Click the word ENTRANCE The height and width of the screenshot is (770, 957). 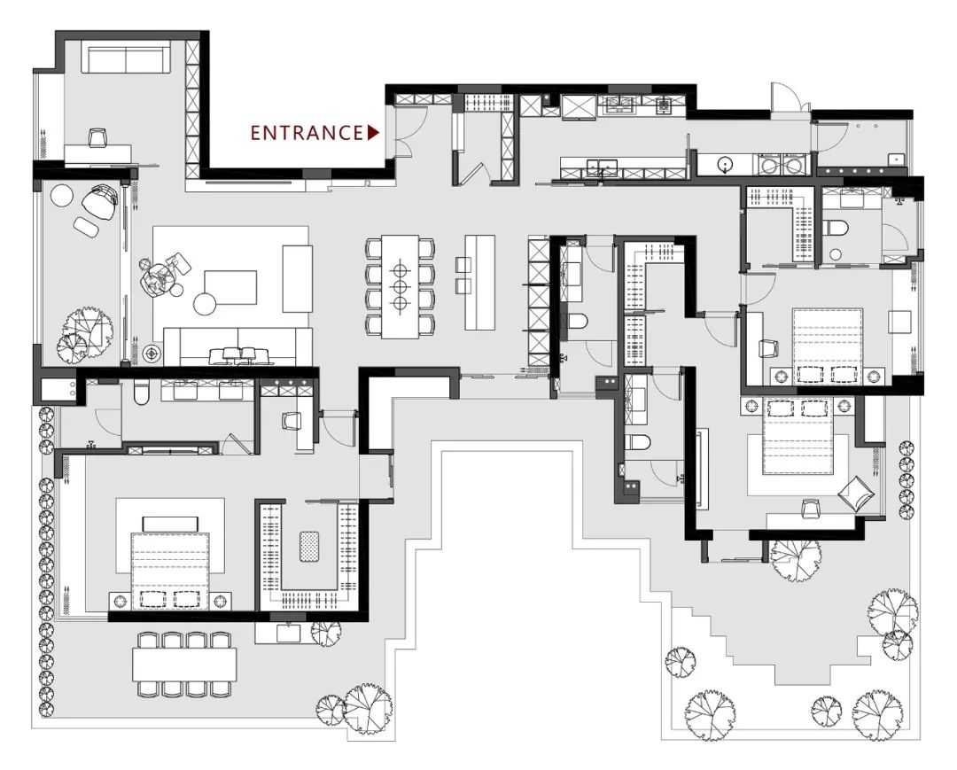[x=307, y=132]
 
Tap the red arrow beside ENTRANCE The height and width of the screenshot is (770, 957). [x=374, y=132]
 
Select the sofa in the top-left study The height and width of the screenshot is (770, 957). [x=126, y=58]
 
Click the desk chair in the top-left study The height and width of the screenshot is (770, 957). [x=97, y=138]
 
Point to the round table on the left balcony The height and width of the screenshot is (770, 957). [x=62, y=197]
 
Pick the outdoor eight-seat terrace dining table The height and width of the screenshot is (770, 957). [x=184, y=665]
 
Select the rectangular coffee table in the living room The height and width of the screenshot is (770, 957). [x=230, y=287]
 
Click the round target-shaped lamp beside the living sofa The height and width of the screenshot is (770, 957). [x=151, y=353]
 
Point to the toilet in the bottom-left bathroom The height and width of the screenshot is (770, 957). [x=141, y=393]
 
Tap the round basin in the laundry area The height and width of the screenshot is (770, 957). [x=725, y=165]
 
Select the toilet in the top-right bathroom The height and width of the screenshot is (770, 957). [x=836, y=229]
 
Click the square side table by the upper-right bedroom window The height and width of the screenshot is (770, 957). [x=899, y=322]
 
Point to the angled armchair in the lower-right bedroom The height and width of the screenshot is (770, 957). [x=855, y=492]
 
